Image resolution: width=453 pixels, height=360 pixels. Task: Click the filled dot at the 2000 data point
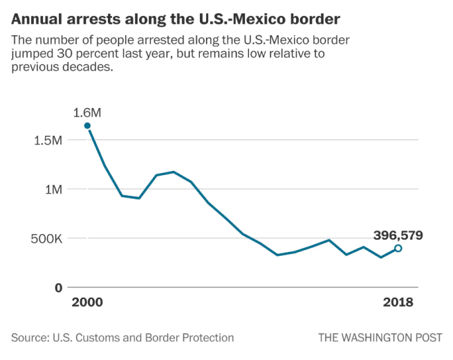(87, 125)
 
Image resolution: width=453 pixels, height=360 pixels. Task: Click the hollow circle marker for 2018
(398, 248)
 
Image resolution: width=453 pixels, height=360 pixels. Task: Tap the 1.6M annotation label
(87, 111)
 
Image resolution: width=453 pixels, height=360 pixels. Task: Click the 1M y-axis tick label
(54, 190)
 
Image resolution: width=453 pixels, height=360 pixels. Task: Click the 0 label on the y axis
(59, 288)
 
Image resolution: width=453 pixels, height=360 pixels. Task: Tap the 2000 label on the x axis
(87, 303)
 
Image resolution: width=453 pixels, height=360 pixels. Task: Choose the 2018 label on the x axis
(398, 303)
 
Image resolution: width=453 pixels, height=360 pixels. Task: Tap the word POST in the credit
(429, 338)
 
